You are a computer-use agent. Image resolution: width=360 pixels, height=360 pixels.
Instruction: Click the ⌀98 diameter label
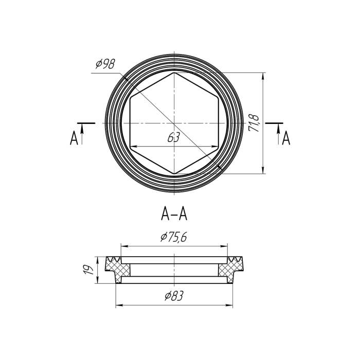click(x=105, y=64)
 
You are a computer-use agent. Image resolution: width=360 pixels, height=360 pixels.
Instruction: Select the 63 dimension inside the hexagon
click(x=173, y=137)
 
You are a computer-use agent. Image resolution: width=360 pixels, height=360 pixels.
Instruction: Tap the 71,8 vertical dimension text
click(x=254, y=123)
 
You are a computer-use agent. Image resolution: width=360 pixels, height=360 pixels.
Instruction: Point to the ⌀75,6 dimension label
click(x=174, y=237)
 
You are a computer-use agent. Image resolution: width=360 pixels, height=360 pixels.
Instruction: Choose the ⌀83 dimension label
click(x=174, y=296)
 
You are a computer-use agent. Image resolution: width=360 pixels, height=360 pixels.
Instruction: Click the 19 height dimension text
click(x=88, y=269)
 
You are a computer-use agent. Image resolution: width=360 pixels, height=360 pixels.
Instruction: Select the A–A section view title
click(x=174, y=214)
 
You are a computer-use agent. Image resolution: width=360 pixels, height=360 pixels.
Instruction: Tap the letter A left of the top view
click(x=74, y=138)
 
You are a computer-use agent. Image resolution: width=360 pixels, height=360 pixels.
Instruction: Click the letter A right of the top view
click(x=286, y=138)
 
